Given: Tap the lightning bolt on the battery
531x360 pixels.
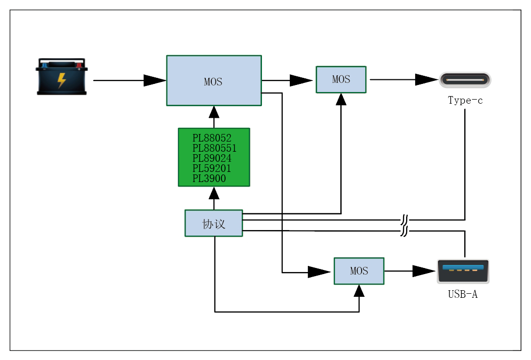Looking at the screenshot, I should (x=62, y=80).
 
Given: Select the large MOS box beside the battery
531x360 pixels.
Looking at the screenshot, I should (x=214, y=80).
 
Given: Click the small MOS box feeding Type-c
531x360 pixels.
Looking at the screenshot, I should (x=341, y=79).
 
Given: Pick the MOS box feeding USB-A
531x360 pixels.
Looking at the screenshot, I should (x=359, y=271).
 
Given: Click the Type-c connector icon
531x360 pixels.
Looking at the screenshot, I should (x=465, y=80).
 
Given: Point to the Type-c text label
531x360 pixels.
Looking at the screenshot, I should (x=465, y=100).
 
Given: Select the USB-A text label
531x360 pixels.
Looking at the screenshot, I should (x=463, y=294).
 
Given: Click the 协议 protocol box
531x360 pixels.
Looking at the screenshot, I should (x=214, y=223).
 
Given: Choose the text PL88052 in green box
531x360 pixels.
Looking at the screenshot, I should (x=211, y=138).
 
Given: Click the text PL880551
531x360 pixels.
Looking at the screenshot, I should (x=214, y=148).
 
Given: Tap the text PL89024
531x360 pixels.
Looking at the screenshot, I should (x=211, y=158).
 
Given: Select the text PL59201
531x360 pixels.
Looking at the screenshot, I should (x=211, y=168).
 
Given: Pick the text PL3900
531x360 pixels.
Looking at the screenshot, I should (x=209, y=178).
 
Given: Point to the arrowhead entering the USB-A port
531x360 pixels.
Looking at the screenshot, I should (x=424, y=271).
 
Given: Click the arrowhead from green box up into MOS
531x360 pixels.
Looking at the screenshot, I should (x=214, y=112).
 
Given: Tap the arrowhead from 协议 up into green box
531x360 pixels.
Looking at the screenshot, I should (x=214, y=193).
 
